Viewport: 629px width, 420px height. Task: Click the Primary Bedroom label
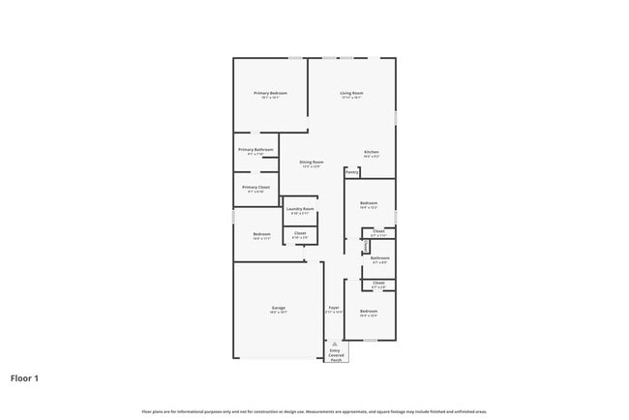coord(271,93)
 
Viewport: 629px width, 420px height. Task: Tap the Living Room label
coord(350,93)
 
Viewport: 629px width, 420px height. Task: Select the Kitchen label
coord(372,152)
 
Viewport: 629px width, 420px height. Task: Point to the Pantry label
coord(352,172)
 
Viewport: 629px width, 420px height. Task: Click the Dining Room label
coord(311,162)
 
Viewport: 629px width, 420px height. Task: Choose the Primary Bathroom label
coord(255,150)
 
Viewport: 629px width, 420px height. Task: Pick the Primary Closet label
coord(255,187)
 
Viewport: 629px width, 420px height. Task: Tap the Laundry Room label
coord(300,209)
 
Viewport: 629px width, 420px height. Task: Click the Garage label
coord(278,308)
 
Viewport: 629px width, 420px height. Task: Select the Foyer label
coord(333,308)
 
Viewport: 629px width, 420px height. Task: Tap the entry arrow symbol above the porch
coord(336,344)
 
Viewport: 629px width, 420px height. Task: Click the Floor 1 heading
coord(24,378)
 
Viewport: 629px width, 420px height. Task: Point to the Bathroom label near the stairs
coord(379,257)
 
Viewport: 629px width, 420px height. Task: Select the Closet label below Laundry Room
coord(300,232)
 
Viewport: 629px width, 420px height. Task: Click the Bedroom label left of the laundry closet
coord(261,234)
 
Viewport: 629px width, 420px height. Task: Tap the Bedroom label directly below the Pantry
coord(368,202)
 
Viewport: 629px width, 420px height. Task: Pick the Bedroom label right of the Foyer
coord(368,311)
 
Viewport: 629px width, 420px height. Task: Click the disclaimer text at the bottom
coord(314,411)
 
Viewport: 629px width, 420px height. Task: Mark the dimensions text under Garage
coord(278,313)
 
